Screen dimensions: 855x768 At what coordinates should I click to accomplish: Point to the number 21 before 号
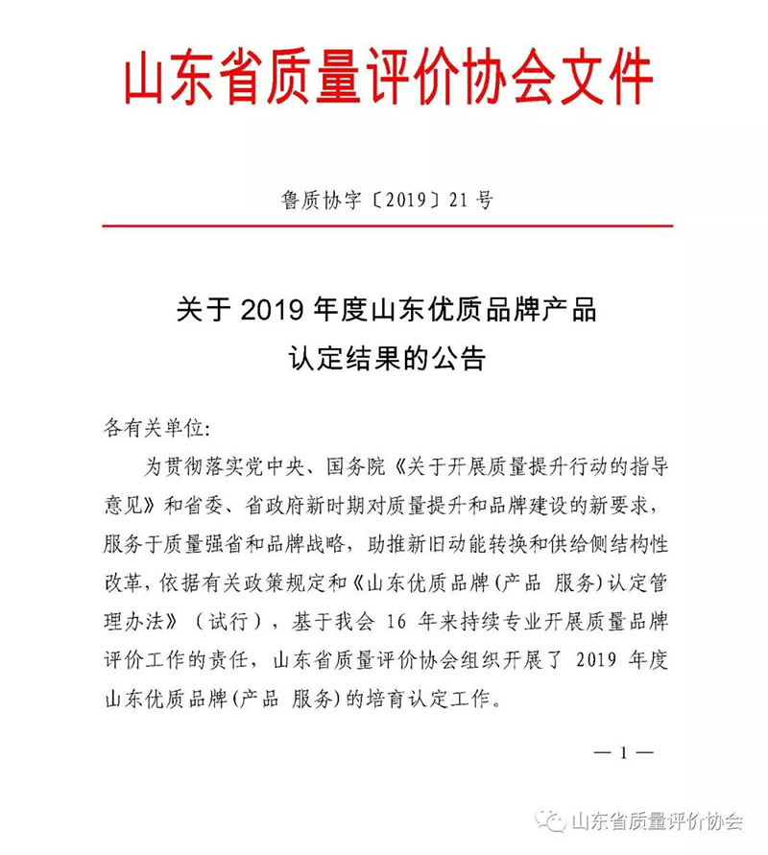(459, 201)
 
